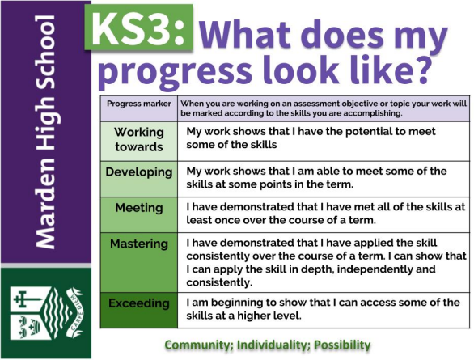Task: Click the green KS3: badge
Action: [139, 28]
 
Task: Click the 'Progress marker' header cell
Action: [139, 104]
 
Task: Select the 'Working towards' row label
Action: [139, 139]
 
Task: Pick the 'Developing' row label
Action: [139, 172]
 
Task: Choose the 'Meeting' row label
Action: [139, 208]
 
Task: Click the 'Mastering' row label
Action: [139, 244]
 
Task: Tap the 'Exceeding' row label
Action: [139, 303]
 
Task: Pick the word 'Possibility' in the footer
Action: [342, 345]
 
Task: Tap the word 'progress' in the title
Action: [175, 72]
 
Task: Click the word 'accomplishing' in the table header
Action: [372, 114]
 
